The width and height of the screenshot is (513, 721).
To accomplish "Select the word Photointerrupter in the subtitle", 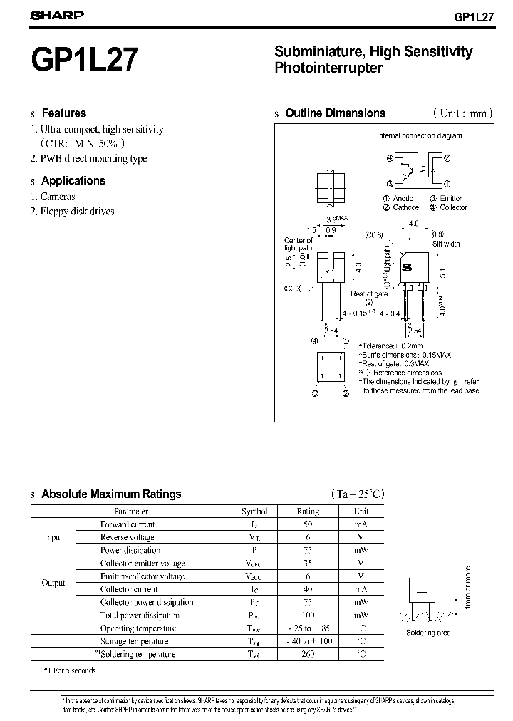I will point(328,68).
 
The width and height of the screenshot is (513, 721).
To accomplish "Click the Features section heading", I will point(63,113).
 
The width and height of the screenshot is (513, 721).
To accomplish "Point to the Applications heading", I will point(73,181).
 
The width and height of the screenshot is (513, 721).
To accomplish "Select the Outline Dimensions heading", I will point(335,113).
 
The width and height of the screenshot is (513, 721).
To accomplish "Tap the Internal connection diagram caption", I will point(419,135).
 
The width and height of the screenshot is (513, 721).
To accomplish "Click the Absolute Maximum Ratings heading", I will point(111,494).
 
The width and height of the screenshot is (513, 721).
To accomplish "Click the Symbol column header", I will point(254,511).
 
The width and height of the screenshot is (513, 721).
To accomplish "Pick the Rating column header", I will point(308,511).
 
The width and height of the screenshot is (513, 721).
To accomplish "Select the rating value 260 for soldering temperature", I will point(308,654).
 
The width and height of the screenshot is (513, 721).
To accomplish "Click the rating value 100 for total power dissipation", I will point(308,615).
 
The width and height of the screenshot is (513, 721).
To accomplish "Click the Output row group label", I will point(53,583).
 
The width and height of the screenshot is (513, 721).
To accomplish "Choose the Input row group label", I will point(53,537).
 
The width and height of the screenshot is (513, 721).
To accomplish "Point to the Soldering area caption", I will point(427,633).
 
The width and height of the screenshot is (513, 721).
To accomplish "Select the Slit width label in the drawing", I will point(446,244).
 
